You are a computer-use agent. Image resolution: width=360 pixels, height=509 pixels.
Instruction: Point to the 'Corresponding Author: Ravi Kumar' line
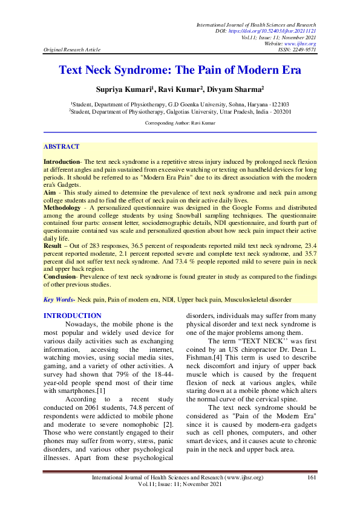pyautogui.click(x=180, y=123)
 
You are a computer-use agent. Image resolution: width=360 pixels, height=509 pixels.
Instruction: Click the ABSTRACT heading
pyautogui.click(x=61, y=147)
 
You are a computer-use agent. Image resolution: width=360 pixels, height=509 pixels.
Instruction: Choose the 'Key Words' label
pyautogui.click(x=58, y=300)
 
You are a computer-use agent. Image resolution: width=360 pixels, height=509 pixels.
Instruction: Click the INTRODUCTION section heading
pyautogui.click(x=73, y=316)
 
